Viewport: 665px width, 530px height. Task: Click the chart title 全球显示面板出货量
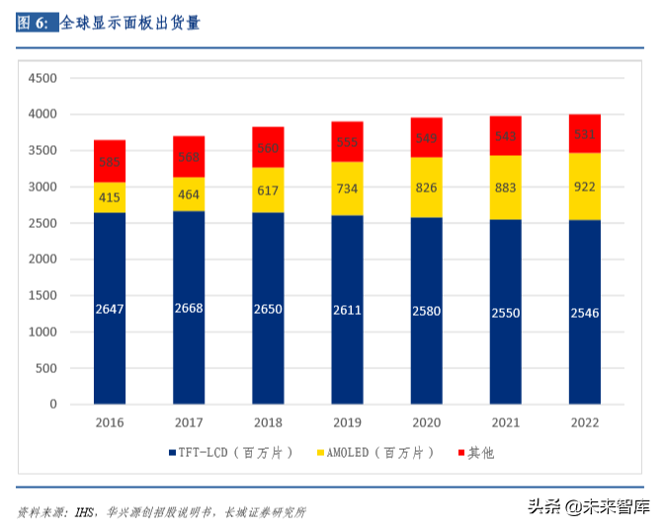point(130,23)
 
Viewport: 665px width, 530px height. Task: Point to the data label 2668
point(189,309)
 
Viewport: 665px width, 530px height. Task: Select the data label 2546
point(584,313)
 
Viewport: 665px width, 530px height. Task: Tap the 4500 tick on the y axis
point(42,78)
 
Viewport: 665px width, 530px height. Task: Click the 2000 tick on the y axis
point(42,260)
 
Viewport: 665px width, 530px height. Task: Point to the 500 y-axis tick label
point(45,368)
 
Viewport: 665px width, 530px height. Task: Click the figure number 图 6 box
point(36,23)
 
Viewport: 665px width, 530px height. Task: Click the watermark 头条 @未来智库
point(587,507)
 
